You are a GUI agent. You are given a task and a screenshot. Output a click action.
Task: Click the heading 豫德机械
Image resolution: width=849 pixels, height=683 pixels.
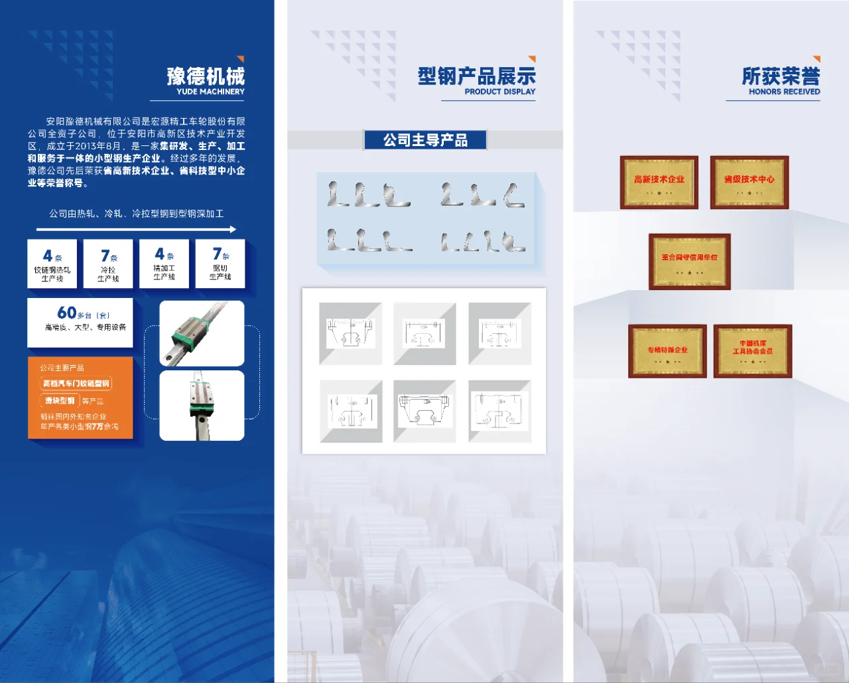coord(206,76)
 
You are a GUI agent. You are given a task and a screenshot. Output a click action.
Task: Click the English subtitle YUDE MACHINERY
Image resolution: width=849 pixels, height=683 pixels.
coord(210,92)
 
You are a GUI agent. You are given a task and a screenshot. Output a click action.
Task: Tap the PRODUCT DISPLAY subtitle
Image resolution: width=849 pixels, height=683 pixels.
coord(499,92)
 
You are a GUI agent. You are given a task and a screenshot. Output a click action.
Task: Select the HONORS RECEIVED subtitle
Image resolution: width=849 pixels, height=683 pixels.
coord(784,92)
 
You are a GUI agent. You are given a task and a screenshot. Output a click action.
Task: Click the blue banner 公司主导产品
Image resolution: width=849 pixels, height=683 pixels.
coord(425,140)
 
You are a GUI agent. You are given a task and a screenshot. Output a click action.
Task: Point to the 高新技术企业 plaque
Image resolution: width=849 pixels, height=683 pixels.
coord(659,183)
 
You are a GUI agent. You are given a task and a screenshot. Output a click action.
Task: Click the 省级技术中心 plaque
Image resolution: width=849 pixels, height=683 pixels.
coord(749,183)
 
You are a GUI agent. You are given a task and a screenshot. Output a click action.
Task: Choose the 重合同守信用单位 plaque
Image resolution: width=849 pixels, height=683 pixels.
coord(689,261)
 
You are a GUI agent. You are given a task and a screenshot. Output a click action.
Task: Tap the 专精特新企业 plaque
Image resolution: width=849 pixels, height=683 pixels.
coord(667,351)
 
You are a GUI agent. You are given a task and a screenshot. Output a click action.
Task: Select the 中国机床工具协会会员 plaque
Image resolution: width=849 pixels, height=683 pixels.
coord(753,351)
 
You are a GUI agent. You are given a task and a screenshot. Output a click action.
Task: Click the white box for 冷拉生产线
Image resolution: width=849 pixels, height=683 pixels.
coord(108,264)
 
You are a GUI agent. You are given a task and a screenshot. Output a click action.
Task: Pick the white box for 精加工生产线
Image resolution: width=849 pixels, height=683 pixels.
coord(164,264)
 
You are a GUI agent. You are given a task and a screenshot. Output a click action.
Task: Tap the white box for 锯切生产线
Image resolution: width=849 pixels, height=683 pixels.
coord(220,264)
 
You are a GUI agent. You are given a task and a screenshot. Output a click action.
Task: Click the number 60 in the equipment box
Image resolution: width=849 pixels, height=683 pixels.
coord(66,313)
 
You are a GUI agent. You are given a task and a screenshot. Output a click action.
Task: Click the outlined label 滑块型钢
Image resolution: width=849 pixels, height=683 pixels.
coord(60,400)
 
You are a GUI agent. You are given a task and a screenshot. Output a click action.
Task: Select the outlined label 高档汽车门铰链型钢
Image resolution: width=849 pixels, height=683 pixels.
coord(76,383)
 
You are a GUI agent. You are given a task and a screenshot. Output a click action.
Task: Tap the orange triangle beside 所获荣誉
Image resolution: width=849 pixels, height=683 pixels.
coord(816,59)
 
